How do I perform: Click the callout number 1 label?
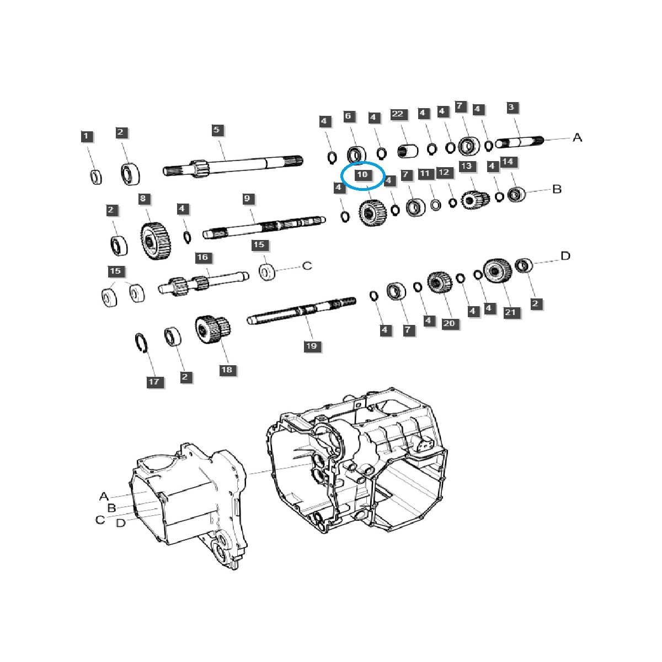[85, 136]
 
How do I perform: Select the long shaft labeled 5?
[232, 164]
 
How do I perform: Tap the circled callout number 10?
[362, 175]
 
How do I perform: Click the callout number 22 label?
[397, 115]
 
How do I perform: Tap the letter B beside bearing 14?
[557, 189]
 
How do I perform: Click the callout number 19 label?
[312, 346]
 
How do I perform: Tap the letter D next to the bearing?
[565, 256]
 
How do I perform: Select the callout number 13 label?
[467, 166]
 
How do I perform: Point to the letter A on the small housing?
[104, 496]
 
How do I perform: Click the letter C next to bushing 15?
[307, 266]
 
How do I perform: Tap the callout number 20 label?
[449, 323]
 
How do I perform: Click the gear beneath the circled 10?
[371, 212]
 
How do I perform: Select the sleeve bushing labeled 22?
[408, 150]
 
